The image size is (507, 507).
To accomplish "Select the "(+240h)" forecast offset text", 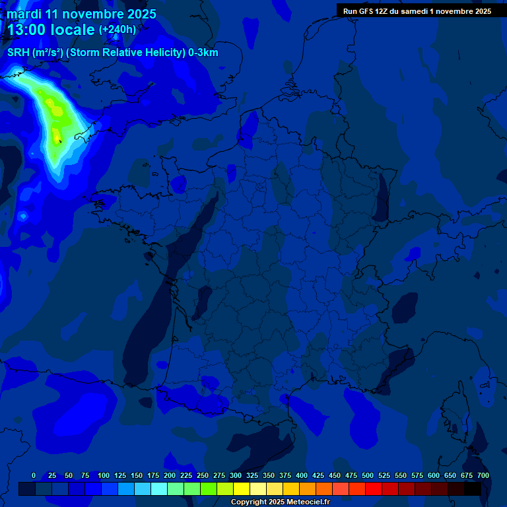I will [x=118, y=30].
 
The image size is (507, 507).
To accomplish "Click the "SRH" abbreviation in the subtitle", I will [x=18, y=53].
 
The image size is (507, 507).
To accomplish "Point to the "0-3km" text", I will [x=203, y=53].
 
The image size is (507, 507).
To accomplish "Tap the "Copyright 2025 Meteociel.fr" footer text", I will [x=279, y=502].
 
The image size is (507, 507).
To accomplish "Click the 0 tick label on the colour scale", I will [x=34, y=475].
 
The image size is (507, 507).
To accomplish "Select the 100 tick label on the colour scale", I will [x=104, y=475].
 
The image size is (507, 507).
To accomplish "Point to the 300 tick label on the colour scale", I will [x=236, y=475].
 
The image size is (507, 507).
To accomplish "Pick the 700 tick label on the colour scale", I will [x=483, y=475].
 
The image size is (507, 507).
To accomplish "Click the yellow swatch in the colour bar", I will [x=242, y=489].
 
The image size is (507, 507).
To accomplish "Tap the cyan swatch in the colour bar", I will [x=159, y=489].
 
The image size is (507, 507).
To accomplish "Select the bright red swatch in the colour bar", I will [x=374, y=489].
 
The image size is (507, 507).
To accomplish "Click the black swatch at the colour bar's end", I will [x=473, y=489].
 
